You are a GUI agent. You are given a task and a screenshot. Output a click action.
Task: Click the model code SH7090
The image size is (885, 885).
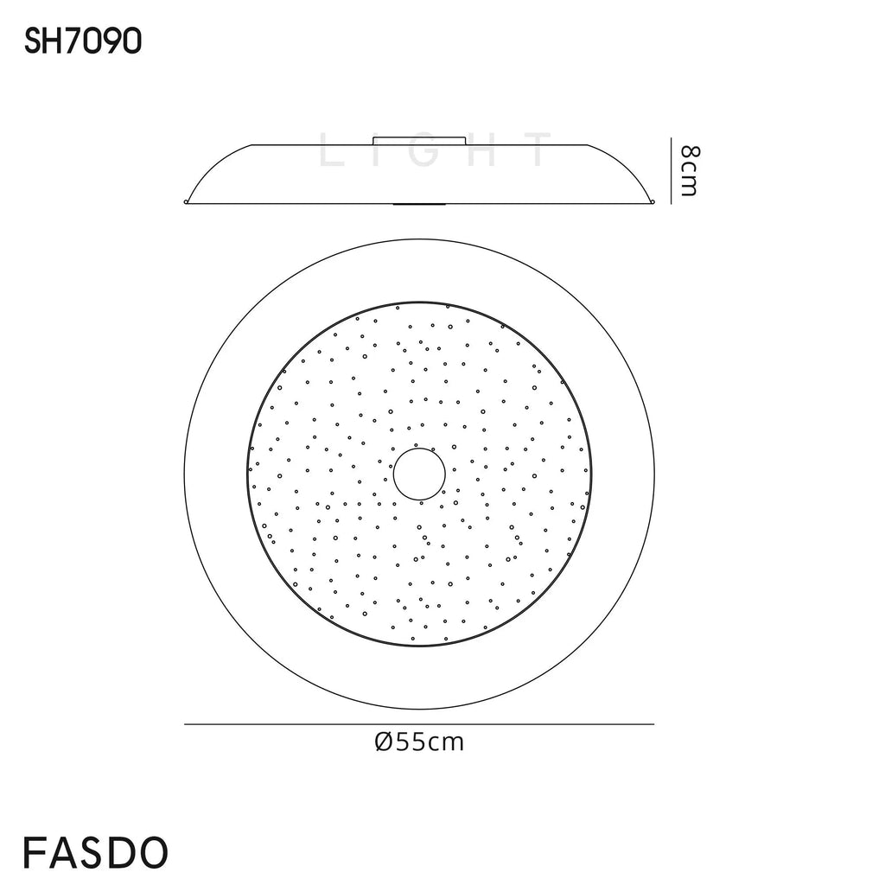coord(83,41)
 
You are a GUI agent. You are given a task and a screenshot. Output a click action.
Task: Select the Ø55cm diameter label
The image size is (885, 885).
coord(419,742)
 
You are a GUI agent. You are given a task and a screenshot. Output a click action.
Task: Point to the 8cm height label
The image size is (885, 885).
coord(689,170)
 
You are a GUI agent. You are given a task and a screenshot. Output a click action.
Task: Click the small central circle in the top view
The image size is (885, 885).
coord(419,474)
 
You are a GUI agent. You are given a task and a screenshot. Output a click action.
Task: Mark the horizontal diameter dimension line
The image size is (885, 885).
coord(419,724)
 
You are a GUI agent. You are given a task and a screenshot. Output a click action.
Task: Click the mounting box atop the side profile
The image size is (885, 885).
coord(419,140)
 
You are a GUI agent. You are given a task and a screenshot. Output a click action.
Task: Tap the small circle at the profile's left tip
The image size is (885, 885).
coord(186,203)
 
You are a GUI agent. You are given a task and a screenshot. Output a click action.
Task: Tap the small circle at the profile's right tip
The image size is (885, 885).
coord(653,203)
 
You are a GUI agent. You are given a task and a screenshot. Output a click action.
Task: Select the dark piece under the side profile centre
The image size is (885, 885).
coord(419,205)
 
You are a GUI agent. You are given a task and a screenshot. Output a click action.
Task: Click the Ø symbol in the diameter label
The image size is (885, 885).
coord(384,742)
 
